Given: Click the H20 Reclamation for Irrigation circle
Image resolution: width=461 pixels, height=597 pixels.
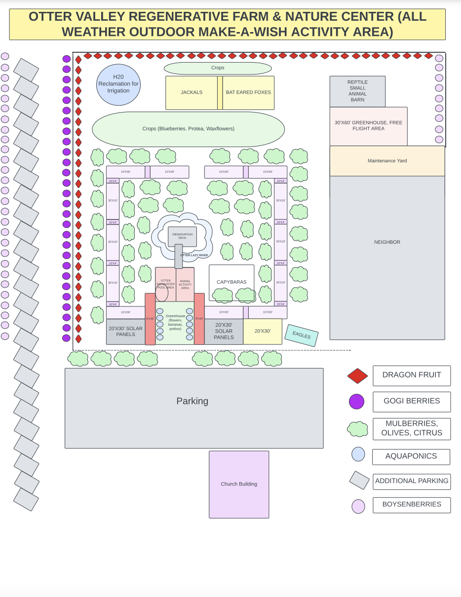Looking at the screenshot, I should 118,84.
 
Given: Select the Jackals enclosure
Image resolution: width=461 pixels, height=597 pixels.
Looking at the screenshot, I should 192,92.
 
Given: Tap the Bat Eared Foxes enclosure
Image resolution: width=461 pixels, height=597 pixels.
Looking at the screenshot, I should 248,92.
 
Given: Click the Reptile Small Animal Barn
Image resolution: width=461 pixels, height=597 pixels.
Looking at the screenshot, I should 357,91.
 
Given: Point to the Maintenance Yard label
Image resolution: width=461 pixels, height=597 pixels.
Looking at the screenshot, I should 387,161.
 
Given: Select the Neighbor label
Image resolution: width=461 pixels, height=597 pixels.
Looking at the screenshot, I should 387,242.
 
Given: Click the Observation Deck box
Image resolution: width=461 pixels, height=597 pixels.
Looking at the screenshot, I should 182,236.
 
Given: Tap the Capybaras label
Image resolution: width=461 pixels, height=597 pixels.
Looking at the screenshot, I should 231,282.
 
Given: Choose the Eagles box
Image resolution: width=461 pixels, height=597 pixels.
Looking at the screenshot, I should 302,335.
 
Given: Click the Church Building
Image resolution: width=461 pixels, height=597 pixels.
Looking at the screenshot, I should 239,484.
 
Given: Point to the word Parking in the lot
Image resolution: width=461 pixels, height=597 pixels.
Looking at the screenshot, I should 192,401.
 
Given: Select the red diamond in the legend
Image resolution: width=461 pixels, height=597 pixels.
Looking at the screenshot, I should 357,376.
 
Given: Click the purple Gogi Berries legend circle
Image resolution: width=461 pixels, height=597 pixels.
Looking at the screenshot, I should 356,402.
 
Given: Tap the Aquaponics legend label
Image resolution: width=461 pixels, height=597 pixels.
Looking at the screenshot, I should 411,456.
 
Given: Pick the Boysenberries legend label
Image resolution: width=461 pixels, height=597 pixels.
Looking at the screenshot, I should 411,505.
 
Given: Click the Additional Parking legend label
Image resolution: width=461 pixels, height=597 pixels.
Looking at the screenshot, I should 411,481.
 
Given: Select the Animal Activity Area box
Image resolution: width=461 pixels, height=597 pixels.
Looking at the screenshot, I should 185,285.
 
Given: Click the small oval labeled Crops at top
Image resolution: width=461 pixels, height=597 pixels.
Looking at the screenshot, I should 218,68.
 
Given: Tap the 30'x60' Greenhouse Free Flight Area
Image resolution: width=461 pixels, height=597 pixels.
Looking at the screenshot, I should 368,126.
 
